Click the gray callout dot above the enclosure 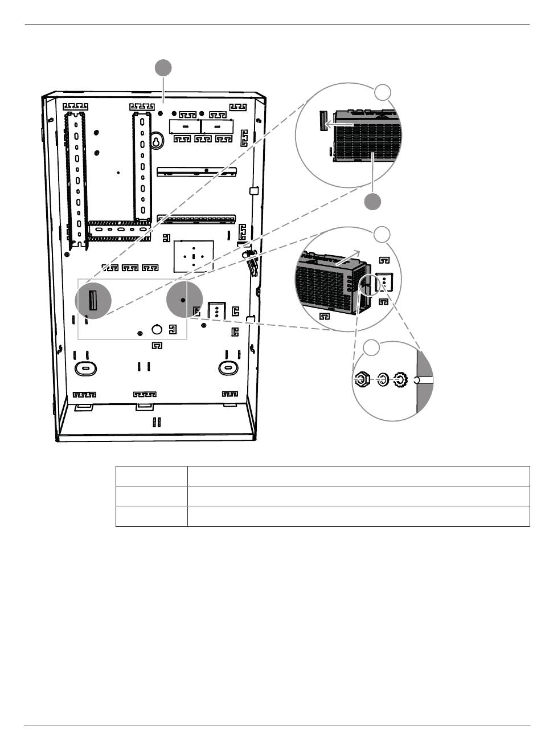[163, 68]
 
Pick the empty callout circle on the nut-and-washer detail [371, 348]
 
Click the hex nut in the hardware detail [361, 380]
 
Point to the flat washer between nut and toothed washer [383, 380]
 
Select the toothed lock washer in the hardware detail [401, 380]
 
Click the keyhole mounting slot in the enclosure [156, 142]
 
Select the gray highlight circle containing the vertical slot [93, 300]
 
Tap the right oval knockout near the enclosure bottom [228, 368]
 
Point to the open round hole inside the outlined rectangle [157, 329]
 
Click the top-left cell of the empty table [151, 476]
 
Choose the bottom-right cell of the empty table [358, 516]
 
